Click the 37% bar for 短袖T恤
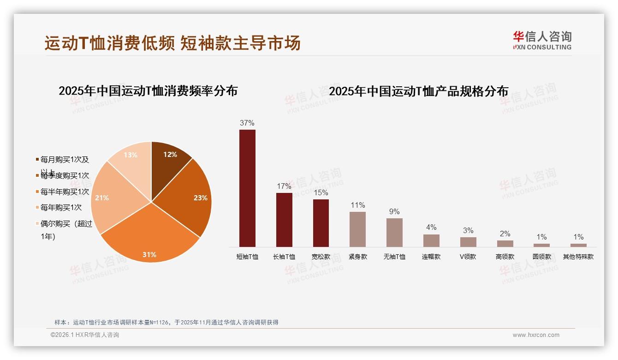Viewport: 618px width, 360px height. tap(247, 188)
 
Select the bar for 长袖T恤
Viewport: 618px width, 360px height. tap(284, 220)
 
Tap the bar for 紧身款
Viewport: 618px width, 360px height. tap(357, 229)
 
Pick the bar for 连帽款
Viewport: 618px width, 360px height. tap(431, 240)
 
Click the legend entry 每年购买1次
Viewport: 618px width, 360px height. tap(61, 208)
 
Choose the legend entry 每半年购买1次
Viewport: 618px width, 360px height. tap(65, 192)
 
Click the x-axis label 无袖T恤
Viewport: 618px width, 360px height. tap(394, 257)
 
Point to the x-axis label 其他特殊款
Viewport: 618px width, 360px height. tap(578, 257)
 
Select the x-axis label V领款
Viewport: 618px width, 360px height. tap(468, 257)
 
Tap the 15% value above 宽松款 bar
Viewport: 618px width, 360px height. tap(321, 192)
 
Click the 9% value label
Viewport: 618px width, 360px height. tap(394, 212)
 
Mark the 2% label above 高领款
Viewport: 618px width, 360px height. tap(505, 234)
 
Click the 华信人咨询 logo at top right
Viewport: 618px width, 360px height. tap(542, 40)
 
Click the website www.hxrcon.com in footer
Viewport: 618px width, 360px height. tap(536, 335)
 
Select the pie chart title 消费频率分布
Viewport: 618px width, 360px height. tap(148, 91)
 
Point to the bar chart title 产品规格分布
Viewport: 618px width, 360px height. tap(418, 91)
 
